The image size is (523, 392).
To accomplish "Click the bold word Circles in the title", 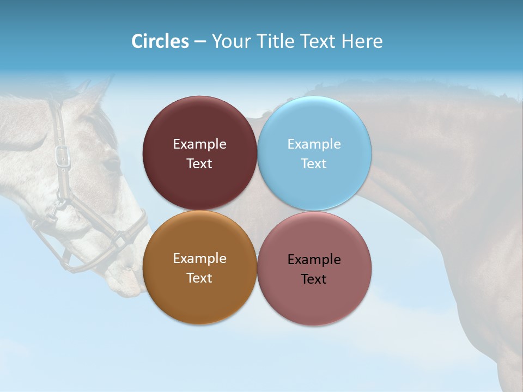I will [x=160, y=41].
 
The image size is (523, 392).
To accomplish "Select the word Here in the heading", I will [x=362, y=41].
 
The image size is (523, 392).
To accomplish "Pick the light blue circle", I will [x=314, y=125].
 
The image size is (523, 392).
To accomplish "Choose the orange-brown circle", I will [x=199, y=297].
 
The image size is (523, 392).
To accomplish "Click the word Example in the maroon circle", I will [x=199, y=144].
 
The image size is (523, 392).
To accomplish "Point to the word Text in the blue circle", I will [x=314, y=164].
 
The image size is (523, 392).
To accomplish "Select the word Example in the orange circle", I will [x=199, y=259].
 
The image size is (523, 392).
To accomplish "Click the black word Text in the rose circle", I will [x=314, y=279].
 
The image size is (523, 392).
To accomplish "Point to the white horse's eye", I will [x=111, y=163].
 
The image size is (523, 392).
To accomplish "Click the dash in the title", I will [x=200, y=42].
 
